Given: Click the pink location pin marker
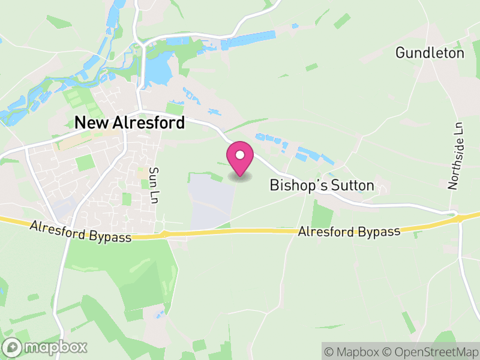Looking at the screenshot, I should coord(240,158).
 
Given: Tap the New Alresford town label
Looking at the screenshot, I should coord(129,122).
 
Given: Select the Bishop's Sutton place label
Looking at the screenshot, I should coord(322,185).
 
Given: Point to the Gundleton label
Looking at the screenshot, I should coord(430,53).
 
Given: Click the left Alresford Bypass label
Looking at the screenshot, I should coord(81,232).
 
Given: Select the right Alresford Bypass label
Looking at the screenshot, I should coord(349,232).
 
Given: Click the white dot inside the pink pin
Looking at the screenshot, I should coord(240,155).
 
